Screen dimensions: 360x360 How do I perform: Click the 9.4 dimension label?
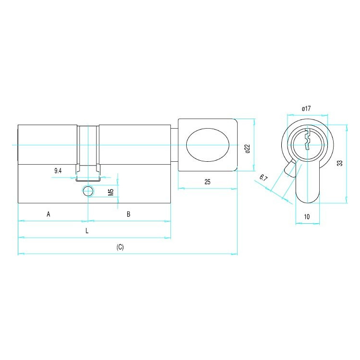click(x=58, y=171)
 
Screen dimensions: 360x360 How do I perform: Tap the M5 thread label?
click(x=111, y=192)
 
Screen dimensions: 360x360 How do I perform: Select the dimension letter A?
click(x=48, y=214)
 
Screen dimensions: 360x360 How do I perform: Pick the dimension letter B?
click(x=129, y=214)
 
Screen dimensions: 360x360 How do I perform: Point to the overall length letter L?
click(x=87, y=231)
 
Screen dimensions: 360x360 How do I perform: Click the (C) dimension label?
click(x=120, y=247)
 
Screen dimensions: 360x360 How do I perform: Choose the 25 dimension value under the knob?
click(x=207, y=182)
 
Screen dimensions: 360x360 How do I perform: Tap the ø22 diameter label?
click(x=247, y=149)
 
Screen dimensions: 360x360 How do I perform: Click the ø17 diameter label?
click(x=306, y=108)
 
